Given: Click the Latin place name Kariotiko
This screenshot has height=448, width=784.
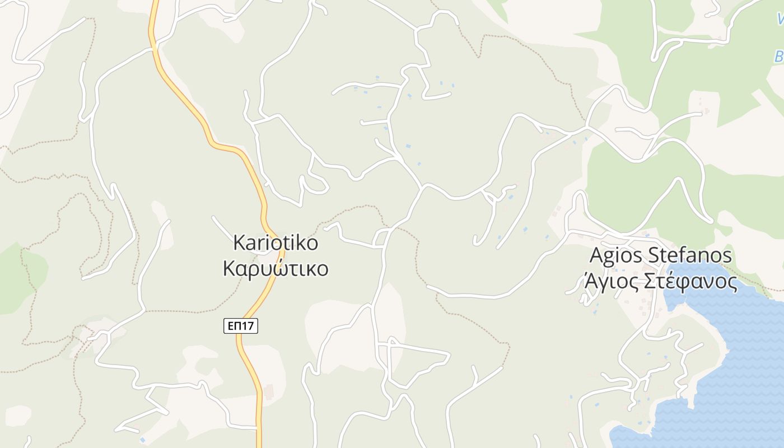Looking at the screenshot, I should [x=276, y=243].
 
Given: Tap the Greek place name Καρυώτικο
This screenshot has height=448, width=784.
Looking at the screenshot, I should [x=276, y=269].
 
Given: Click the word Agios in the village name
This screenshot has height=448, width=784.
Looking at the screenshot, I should [x=617, y=256].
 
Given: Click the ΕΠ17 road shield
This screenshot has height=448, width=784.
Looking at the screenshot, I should [x=241, y=326].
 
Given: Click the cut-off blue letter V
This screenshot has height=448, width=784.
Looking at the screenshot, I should [x=781, y=19].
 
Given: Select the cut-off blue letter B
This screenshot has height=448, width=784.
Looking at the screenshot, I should [x=779, y=57].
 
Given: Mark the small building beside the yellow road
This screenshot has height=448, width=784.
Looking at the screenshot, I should [x=269, y=391].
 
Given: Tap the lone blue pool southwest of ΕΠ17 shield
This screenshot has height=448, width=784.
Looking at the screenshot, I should [x=143, y=440].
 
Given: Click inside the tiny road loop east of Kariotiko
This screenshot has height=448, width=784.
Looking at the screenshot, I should [x=380, y=238].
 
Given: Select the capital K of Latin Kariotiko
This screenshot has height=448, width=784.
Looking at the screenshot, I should [x=238, y=243].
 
